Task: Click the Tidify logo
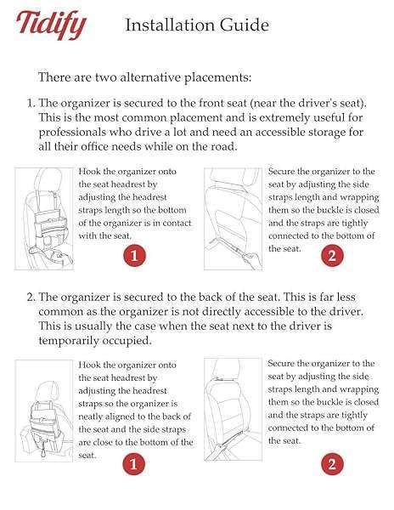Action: pos(52,25)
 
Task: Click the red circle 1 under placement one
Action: pos(132,254)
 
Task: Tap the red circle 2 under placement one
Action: pos(332,254)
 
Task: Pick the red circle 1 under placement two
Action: pos(132,463)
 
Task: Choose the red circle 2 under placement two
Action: pos(332,463)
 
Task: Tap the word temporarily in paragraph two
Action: pos(80,342)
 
